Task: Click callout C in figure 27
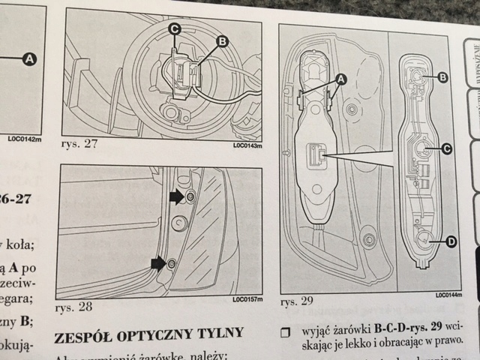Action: pyautogui.click(x=174, y=29)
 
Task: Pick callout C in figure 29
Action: pyautogui.click(x=445, y=149)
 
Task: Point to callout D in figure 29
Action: pyautogui.click(x=451, y=241)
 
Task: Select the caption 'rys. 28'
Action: pyautogui.click(x=73, y=307)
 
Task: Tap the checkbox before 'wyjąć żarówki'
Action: pyautogui.click(x=284, y=331)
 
